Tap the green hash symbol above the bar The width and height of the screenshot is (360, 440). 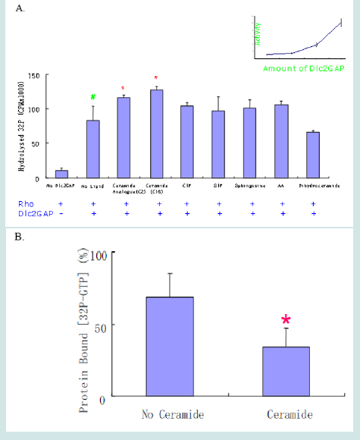point(93,97)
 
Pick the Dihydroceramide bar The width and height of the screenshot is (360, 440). point(314,155)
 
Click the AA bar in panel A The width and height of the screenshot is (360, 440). point(282,142)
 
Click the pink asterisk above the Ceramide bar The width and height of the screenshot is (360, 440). point(286,320)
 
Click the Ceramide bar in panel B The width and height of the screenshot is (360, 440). point(286,371)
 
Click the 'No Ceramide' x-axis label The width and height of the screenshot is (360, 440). point(170,414)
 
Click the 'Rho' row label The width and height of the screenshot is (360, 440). point(24,204)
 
